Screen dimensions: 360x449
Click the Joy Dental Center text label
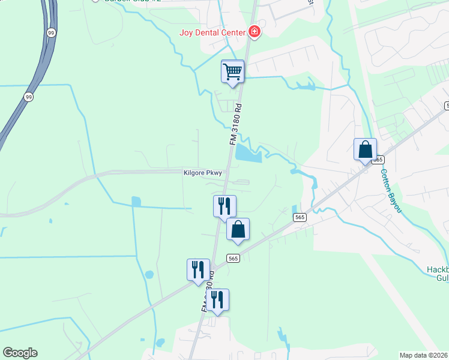pyautogui.click(x=212, y=32)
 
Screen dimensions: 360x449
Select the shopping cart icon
pyautogui.click(x=232, y=72)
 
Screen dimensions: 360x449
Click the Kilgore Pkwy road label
pyautogui.click(x=202, y=173)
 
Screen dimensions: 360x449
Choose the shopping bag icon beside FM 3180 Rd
pyautogui.click(x=238, y=229)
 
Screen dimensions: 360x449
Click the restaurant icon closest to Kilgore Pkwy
pyautogui.click(x=224, y=206)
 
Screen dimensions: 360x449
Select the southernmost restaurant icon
pyautogui.click(x=217, y=300)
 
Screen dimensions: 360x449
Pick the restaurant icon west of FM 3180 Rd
pyautogui.click(x=198, y=270)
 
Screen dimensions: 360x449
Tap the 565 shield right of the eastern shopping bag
pyautogui.click(x=378, y=160)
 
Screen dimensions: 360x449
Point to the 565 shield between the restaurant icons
pyautogui.click(x=234, y=258)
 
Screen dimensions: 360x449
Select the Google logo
pyautogui.click(x=20, y=353)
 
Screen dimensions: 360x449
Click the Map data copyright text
pyautogui.click(x=424, y=355)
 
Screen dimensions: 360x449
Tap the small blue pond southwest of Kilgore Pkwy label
pyautogui.click(x=136, y=202)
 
